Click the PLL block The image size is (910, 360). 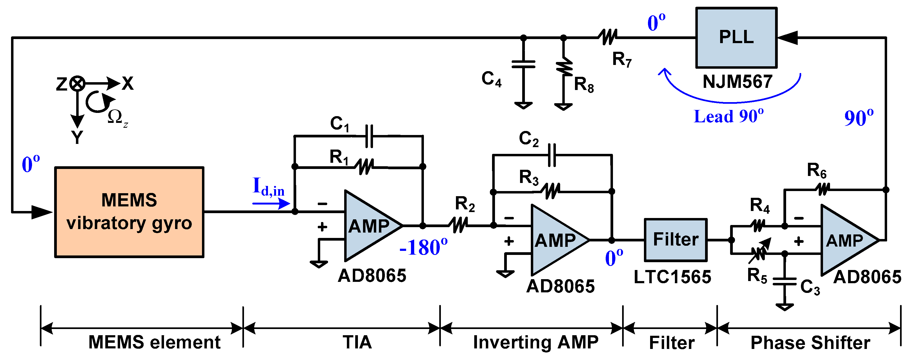(x=736, y=37)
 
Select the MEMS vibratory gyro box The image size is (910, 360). (x=129, y=212)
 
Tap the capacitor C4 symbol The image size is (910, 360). (x=524, y=64)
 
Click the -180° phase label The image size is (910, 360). (x=423, y=247)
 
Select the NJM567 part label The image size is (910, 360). (x=737, y=82)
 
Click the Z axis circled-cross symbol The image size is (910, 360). (x=77, y=84)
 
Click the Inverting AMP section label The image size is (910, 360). (x=536, y=342)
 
